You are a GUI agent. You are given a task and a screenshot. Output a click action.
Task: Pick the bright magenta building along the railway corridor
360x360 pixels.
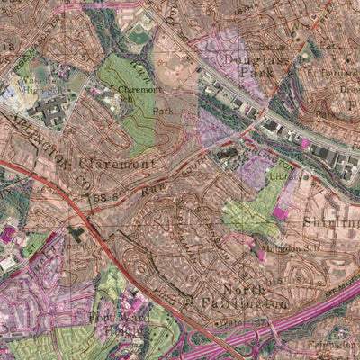(x=305, y=143)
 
